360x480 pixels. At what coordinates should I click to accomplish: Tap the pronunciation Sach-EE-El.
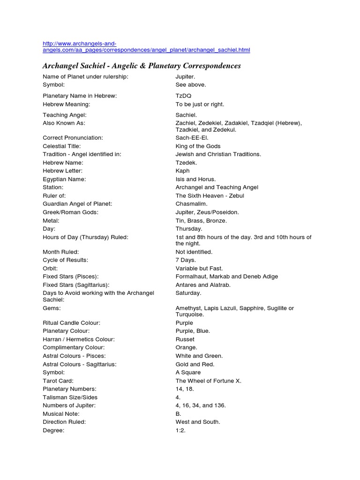(192, 138)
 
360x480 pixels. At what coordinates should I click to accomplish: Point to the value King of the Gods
(198, 146)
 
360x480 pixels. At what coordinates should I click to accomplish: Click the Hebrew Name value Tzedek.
(187, 163)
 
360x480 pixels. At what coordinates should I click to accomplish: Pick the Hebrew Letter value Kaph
(183, 171)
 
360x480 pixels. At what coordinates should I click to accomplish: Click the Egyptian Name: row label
(64, 179)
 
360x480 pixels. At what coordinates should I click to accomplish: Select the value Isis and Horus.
(195, 179)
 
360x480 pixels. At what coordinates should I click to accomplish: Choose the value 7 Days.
(186, 260)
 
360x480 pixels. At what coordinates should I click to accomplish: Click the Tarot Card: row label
(58, 381)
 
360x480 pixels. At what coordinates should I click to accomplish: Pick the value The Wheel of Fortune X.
(208, 381)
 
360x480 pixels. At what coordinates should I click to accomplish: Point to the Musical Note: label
(61, 414)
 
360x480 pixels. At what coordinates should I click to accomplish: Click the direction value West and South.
(198, 422)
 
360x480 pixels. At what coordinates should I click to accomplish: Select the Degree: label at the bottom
(53, 430)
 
